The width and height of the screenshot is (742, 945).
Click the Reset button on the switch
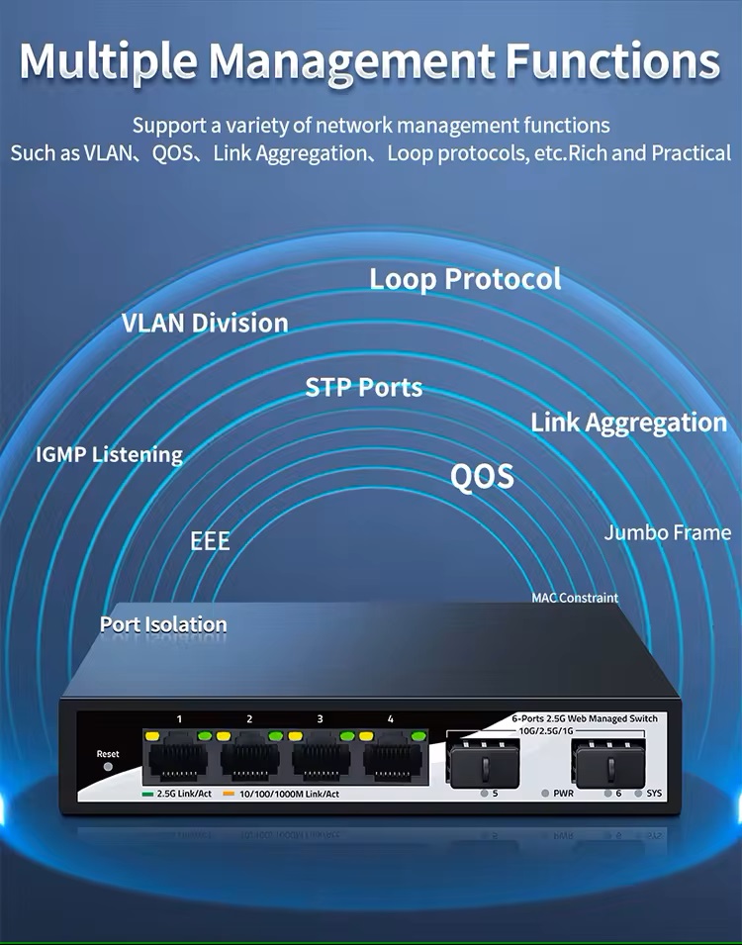[x=108, y=767]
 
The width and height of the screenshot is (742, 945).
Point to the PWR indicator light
[x=545, y=794]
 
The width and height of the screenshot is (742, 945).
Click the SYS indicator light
[x=638, y=794]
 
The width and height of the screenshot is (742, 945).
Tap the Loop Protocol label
[x=465, y=280]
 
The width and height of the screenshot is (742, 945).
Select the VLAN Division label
[x=205, y=323]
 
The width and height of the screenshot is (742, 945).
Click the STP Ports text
[x=363, y=387]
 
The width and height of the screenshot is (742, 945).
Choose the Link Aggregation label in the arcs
[x=628, y=424]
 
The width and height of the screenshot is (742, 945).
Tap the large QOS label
[x=482, y=476]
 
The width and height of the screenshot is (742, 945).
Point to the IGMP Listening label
[x=109, y=455]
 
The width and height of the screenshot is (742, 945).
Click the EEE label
[x=210, y=540]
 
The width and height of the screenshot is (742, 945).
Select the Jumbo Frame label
[x=667, y=532]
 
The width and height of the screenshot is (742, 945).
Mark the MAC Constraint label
[x=575, y=598]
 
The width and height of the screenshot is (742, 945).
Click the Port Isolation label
[x=163, y=624]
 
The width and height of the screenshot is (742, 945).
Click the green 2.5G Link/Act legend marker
[x=147, y=795]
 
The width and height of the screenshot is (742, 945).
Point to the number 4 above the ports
[x=391, y=719]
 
